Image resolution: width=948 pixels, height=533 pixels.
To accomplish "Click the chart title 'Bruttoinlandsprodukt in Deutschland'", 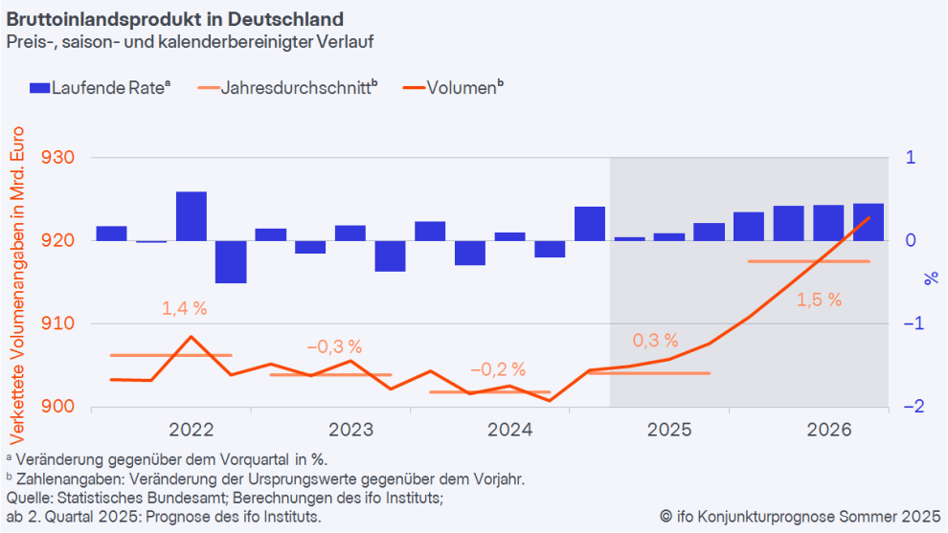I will [175, 19].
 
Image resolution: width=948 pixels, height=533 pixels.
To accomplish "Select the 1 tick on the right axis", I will [911, 158].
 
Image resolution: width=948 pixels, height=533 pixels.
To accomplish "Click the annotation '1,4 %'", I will [184, 308].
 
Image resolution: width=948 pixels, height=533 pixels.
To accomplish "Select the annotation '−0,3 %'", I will [334, 346].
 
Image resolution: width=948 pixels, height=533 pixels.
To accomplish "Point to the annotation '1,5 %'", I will [819, 300].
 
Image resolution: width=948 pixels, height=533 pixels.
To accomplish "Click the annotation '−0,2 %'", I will [498, 369].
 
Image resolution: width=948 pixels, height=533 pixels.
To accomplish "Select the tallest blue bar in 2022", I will [192, 216].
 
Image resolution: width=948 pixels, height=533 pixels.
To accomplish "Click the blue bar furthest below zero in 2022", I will [231, 261].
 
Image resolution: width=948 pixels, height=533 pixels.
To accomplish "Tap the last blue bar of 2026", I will [869, 222].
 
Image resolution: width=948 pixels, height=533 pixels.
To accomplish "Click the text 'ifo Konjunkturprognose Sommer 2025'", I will [800, 517].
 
